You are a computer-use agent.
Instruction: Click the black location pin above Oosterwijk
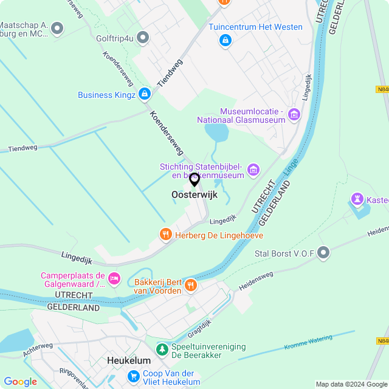[194, 179]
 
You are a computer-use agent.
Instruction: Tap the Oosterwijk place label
[194, 195]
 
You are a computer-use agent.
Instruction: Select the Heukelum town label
[128, 360]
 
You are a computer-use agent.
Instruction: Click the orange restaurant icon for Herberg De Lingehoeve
[165, 235]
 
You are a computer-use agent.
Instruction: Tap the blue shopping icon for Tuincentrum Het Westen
[225, 40]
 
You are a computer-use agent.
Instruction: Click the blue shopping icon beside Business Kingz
[144, 94]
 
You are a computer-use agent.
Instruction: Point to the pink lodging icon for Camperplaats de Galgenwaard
[114, 278]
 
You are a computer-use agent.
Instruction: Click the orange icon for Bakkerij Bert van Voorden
[191, 284]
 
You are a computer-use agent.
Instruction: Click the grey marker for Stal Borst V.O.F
[323, 252]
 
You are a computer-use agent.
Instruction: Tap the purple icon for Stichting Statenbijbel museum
[253, 170]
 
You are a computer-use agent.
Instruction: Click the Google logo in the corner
[20, 381]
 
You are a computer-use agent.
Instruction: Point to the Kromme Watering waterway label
[308, 342]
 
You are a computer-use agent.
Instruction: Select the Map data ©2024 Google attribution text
[350, 384]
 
